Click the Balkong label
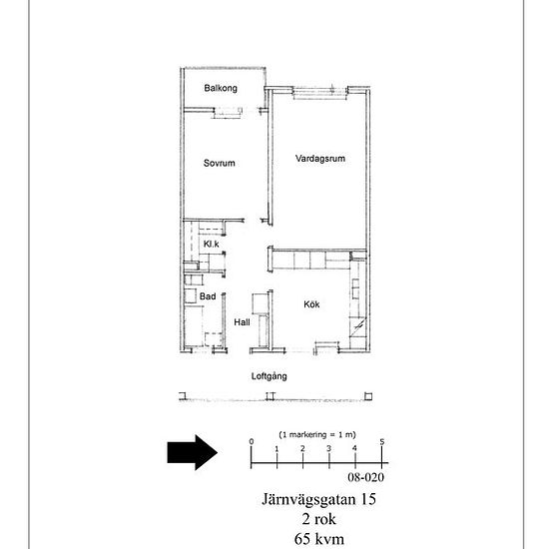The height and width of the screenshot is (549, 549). [221, 88]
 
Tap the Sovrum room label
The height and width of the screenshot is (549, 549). [220, 163]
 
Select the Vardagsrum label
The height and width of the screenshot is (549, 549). [320, 159]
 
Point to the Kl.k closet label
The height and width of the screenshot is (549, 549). [212, 244]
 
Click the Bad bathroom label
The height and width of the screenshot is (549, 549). [208, 296]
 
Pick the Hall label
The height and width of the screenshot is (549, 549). [242, 322]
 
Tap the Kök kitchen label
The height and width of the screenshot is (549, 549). [311, 304]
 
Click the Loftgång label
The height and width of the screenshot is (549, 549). [270, 376]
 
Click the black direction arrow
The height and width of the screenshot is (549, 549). [193, 452]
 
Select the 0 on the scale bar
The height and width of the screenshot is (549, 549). [251, 442]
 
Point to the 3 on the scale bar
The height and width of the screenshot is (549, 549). [328, 448]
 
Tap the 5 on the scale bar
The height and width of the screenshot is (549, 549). [382, 442]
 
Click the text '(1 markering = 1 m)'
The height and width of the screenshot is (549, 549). [317, 434]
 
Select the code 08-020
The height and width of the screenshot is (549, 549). [366, 477]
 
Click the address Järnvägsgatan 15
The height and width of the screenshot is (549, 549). [319, 499]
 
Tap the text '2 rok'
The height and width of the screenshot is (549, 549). [319, 519]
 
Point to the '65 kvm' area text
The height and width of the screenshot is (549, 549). [319, 539]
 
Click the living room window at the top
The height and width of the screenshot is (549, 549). [320, 93]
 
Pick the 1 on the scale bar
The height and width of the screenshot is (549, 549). [276, 448]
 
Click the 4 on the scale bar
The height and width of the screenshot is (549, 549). [354, 448]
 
